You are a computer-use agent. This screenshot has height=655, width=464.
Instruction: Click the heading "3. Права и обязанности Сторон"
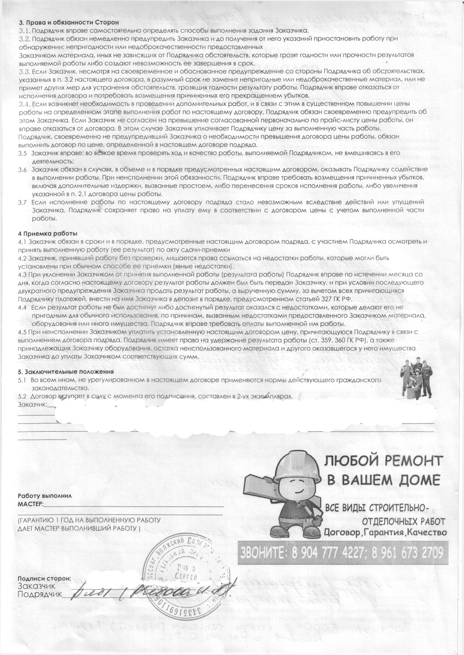(69, 22)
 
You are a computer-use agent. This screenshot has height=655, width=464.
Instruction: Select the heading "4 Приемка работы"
(47, 233)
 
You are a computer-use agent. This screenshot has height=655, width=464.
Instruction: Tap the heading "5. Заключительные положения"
(65, 372)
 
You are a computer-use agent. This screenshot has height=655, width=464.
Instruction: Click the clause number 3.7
(22, 202)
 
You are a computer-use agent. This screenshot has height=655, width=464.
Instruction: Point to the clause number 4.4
(22, 307)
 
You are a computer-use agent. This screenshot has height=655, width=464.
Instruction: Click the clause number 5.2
(22, 397)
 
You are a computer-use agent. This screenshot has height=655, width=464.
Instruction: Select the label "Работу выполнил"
(45, 496)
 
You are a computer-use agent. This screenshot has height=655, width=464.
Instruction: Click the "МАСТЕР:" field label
(31, 504)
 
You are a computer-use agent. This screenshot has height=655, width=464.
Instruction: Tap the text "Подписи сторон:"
(45, 578)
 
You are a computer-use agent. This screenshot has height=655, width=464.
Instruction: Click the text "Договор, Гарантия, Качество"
(385, 532)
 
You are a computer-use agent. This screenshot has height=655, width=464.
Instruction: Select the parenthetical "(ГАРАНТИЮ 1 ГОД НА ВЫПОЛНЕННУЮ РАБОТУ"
(89, 520)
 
